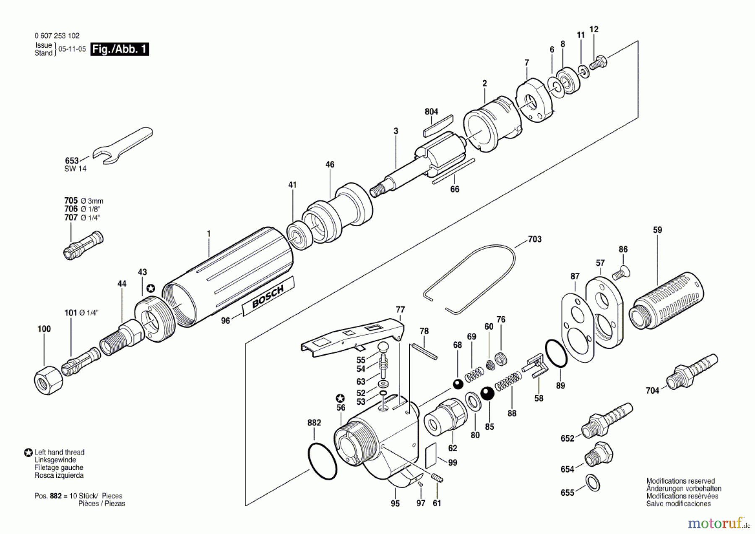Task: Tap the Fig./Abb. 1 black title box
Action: click(x=120, y=49)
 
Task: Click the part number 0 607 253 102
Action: click(x=57, y=36)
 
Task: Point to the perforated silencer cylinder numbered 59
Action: click(x=667, y=301)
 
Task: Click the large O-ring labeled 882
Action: click(x=322, y=461)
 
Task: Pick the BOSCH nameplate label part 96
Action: click(x=268, y=296)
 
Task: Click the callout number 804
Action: click(x=431, y=112)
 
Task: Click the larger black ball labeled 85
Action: click(x=488, y=393)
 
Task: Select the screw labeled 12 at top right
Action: click(x=599, y=62)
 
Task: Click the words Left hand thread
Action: click(x=59, y=452)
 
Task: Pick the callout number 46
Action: click(x=330, y=164)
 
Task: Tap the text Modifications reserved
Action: click(x=680, y=481)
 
